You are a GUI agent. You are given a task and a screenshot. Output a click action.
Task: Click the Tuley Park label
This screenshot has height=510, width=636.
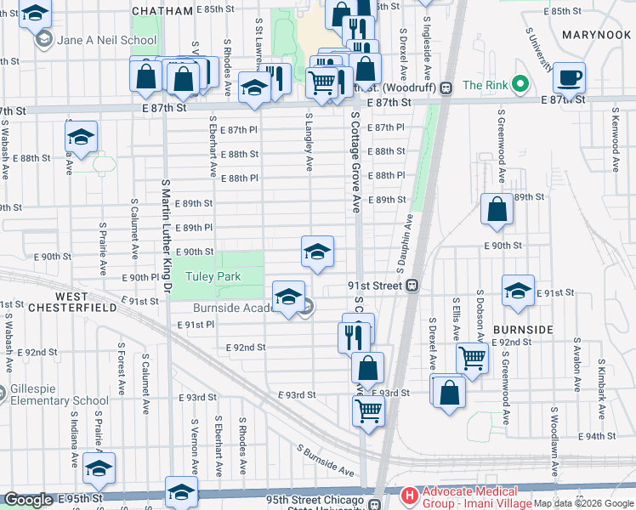tap(216, 277)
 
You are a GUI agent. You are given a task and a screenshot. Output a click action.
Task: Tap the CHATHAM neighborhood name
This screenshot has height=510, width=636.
tap(163, 10)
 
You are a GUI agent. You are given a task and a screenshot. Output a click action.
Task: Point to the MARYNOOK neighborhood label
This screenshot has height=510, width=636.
tap(597, 35)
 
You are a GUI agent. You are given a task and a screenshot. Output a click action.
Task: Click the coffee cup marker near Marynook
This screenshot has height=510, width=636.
tap(569, 77)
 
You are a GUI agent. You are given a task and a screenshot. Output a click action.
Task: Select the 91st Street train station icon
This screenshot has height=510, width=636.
tap(412, 286)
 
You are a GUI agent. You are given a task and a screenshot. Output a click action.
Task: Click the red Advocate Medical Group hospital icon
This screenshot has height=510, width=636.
tap(409, 494)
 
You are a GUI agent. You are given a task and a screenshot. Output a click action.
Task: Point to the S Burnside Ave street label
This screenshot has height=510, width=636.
tap(326, 459)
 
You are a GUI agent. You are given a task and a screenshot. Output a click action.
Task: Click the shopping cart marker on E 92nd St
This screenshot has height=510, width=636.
tap(472, 357)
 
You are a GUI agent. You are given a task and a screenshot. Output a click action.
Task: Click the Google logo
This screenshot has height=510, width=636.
tap(28, 500)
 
